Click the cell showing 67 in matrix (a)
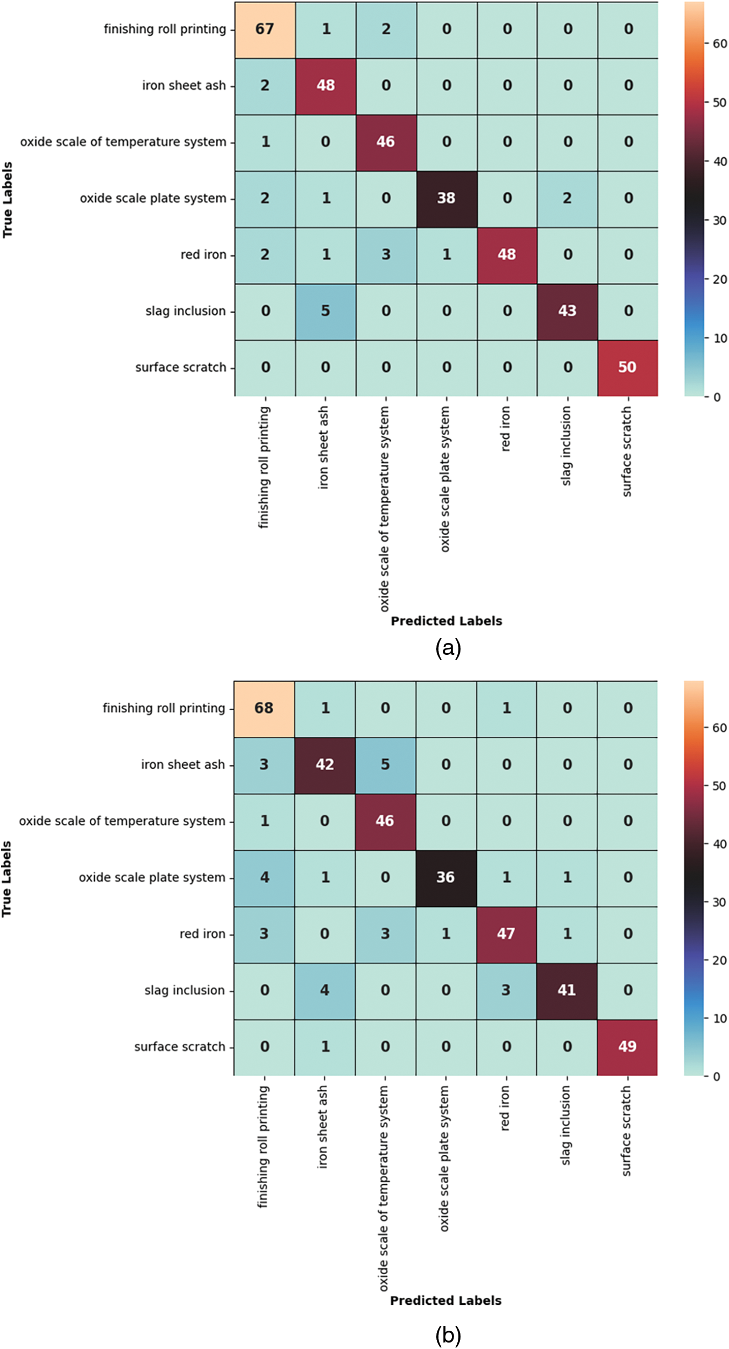pos(265,30)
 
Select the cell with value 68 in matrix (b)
pos(264,709)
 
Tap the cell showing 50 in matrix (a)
pos(627,368)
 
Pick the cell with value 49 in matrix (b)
pos(627,1047)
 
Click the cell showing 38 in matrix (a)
pos(447,199)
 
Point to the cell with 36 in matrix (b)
pos(445,878)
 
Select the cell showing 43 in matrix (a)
pos(567,311)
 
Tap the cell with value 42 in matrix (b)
pos(324,765)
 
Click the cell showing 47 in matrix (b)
pos(506,934)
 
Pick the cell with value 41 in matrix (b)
pos(567,990)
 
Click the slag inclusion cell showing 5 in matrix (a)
pos(325,311)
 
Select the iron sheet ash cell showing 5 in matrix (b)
pos(385,765)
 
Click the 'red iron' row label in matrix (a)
pos(203,255)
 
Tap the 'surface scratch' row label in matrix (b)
pos(180,1047)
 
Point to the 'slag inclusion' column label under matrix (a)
pos(566,446)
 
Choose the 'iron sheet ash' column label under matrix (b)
pos(322,1126)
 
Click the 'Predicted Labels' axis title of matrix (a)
pos(446,621)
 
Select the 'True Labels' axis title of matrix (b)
pos(6,879)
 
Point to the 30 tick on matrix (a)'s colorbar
pos(720,221)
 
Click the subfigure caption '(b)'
pos(448,1336)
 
